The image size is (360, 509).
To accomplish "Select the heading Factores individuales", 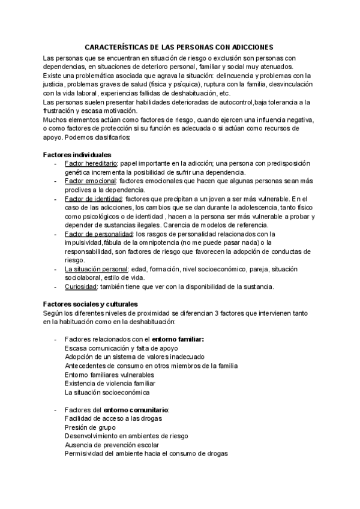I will (77, 155).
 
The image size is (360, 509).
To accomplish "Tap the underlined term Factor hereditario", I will (90, 163).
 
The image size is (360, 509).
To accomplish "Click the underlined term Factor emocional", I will (90, 181).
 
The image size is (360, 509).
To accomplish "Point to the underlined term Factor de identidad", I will (93, 198).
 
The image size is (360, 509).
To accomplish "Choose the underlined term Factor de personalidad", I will (98, 233).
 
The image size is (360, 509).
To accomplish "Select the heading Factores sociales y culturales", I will (91, 304).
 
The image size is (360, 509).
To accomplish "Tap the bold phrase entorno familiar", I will (178, 339).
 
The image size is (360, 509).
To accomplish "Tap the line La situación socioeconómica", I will (107, 392).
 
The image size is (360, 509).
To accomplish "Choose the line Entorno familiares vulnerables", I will (113, 375).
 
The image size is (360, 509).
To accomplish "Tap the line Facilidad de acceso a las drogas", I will (113, 418).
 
